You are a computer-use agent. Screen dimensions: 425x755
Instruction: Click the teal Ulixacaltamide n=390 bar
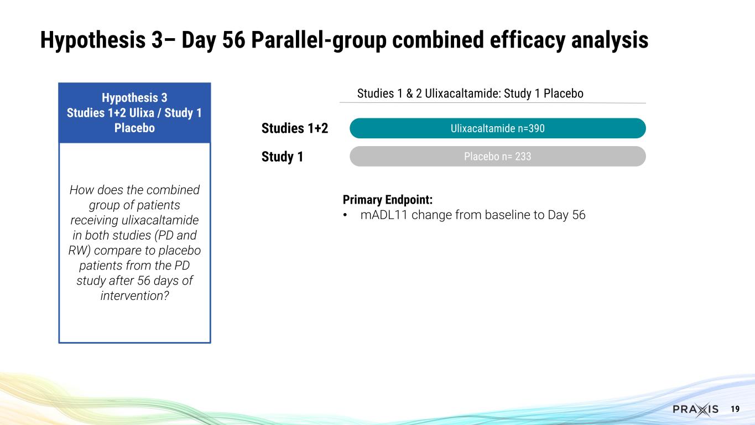coord(497,128)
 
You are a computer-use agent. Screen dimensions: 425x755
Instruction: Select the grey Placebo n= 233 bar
coord(497,157)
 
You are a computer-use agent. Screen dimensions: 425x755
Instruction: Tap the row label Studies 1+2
coord(294,129)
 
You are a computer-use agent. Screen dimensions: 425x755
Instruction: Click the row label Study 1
coord(282,157)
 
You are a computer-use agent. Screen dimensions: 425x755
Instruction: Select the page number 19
coord(735,409)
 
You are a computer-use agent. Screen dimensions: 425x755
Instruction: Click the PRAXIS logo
coord(695,410)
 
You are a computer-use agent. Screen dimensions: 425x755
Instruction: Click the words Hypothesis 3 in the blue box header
coord(134,98)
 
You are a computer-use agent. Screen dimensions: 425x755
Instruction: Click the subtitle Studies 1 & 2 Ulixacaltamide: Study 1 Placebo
coord(470,94)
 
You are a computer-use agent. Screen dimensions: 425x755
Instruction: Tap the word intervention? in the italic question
coord(134,296)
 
